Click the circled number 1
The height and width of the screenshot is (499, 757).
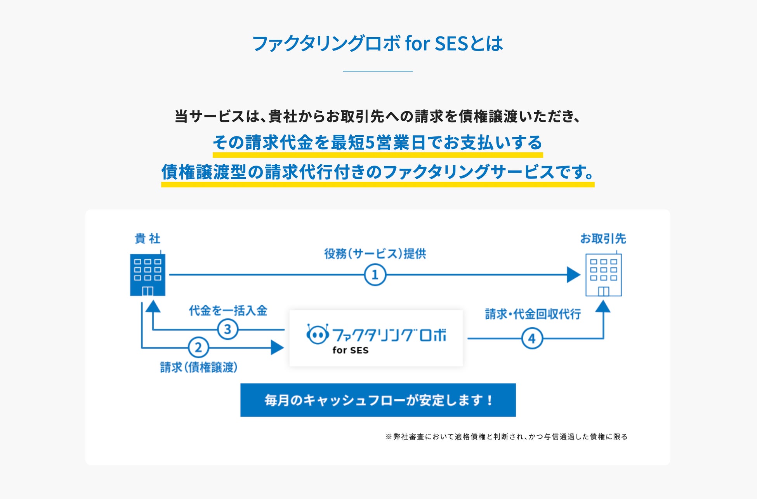[375, 275]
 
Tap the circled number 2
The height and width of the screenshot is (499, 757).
[198, 347]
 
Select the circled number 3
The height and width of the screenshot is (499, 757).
[227, 330]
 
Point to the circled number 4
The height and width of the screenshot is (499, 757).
[532, 338]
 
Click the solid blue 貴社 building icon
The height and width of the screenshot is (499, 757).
[148, 274]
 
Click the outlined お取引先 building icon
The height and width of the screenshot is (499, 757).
[603, 274]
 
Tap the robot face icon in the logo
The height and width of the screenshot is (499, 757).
[318, 334]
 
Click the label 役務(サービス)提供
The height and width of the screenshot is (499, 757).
[375, 254]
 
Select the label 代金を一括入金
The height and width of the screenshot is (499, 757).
[228, 311]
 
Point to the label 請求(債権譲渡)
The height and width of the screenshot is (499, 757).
[198, 367]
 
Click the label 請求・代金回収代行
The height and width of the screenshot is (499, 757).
[533, 314]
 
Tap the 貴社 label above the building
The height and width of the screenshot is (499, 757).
[148, 238]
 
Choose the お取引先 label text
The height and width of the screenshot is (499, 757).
[603, 238]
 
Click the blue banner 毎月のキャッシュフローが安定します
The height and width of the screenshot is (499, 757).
[378, 400]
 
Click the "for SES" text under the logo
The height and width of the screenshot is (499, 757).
[350, 350]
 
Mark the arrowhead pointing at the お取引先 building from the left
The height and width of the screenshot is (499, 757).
[573, 275]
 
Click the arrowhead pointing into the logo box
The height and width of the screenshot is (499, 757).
[277, 347]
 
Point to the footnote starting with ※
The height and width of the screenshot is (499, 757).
[506, 436]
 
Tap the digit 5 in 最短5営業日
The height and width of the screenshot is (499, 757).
[370, 143]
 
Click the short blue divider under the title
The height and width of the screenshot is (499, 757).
[378, 71]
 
